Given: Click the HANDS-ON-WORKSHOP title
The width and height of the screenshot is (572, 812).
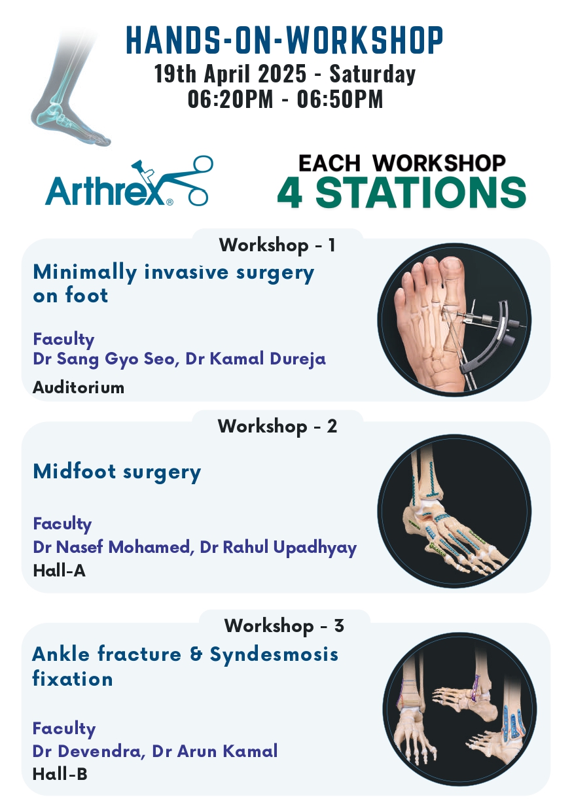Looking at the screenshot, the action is (285, 40).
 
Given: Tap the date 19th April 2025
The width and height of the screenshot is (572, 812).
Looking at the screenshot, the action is (230, 73).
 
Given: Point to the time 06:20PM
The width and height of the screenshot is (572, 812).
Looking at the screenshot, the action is (230, 99).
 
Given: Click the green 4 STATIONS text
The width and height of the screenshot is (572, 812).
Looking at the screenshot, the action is (402, 193).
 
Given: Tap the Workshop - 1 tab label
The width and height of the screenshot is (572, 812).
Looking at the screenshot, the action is (277, 245).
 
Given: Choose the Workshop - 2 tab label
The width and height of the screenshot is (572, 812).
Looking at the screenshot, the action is (277, 426).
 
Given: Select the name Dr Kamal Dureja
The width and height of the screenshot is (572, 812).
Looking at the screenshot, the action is (255, 359).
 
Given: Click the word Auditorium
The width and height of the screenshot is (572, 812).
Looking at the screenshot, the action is (79, 387).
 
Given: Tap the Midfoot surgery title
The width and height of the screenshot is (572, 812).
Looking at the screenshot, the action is (116, 472).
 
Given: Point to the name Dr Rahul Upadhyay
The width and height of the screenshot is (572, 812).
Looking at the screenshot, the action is (278, 548).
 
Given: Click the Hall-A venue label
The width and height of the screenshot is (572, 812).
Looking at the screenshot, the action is (60, 571).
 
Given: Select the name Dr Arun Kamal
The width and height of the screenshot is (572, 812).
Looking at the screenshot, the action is (215, 750).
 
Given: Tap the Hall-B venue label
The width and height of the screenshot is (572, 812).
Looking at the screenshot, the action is (60, 774).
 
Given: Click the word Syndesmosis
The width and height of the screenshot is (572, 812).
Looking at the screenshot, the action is (274, 655).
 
